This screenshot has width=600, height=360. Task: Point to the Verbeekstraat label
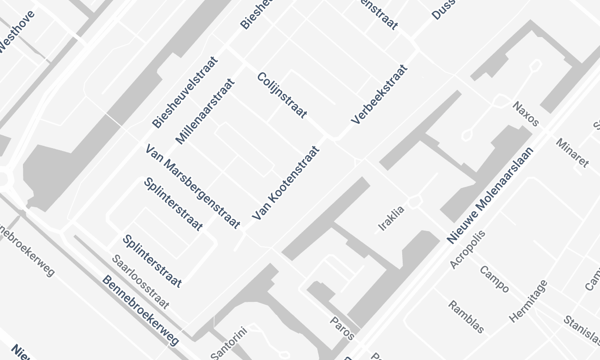click(379, 96)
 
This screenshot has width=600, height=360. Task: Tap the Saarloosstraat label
click(140, 271)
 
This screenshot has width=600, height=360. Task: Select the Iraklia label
click(392, 217)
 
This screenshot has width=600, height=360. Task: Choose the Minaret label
click(573, 153)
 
